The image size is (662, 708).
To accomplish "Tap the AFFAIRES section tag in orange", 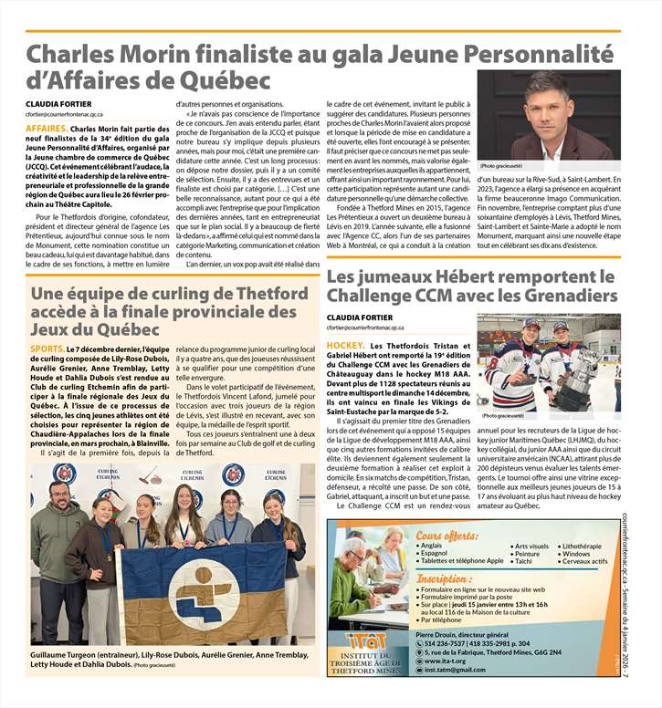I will (x=46, y=129).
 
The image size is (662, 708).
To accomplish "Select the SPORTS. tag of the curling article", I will (x=47, y=349).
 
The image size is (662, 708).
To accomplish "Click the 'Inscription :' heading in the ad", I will (x=444, y=579).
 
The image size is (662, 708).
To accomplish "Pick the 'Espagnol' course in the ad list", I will (x=434, y=554).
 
